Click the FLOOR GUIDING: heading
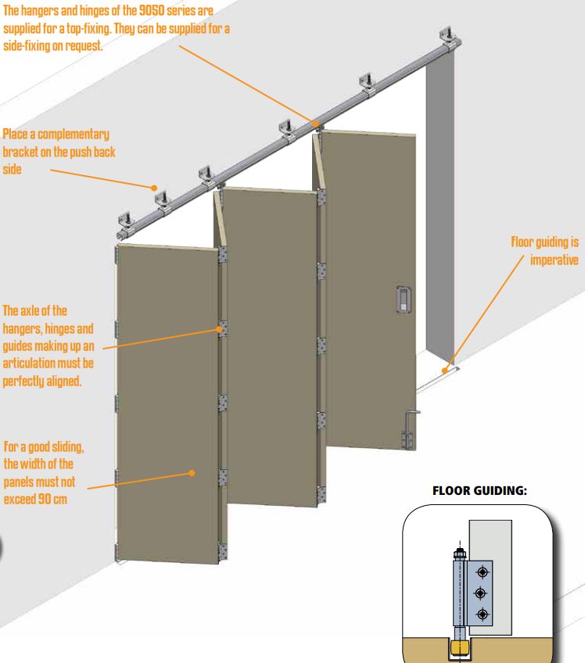tap(479, 490)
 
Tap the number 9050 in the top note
tap(152, 11)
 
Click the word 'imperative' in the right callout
tap(554, 260)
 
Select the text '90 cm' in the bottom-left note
tap(52, 499)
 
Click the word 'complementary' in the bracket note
tap(74, 134)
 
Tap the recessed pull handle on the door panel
tap(403, 299)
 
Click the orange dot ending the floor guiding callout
tap(444, 371)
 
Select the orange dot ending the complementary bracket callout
tap(154, 188)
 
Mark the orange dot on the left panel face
tap(192, 473)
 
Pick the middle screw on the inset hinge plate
tap(480, 593)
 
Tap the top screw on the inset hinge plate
tap(483, 572)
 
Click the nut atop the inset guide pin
tap(459, 553)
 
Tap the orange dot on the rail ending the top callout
tap(315, 124)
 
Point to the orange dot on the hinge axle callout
tap(219, 329)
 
